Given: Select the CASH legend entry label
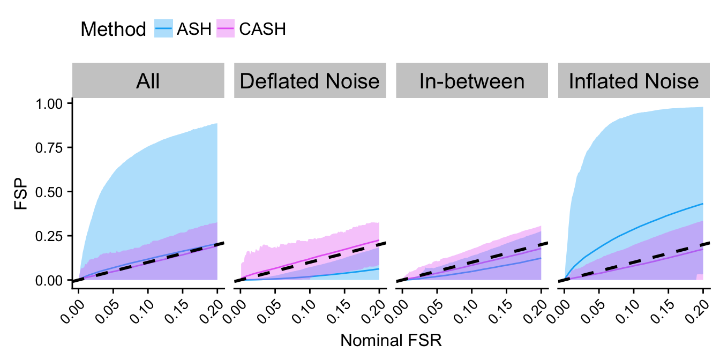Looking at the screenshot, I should [x=262, y=29].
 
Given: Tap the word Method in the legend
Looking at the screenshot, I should [x=113, y=29].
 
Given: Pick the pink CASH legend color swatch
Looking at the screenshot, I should [x=226, y=29].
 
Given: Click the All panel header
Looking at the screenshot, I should [x=148, y=81].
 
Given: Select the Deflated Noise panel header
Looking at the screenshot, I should [x=310, y=81].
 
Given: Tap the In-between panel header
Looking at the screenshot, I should [x=472, y=81].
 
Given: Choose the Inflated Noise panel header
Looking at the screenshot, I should [x=634, y=81].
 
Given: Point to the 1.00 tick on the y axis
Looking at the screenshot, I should [x=53, y=103].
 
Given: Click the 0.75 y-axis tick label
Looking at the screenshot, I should [x=53, y=147].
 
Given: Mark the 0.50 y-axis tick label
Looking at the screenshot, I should [x=53, y=192].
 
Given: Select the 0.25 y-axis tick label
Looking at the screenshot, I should [x=53, y=236].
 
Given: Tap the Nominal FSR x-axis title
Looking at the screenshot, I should [x=391, y=341].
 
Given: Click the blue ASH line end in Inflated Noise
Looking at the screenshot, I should [x=702, y=204].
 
